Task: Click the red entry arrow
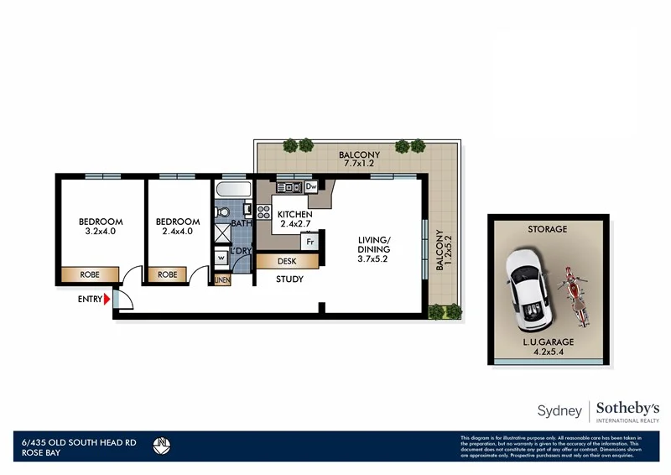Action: coord(107,298)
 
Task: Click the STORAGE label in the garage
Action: coord(547,229)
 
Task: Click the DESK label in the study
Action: coord(287,262)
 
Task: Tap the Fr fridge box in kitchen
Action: coord(309,243)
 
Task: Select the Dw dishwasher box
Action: coord(310,186)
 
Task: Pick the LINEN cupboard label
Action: coord(222,280)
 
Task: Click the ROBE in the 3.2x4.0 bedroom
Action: coord(90,274)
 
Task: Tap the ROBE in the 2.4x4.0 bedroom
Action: coord(168,274)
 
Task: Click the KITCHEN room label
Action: coord(294,215)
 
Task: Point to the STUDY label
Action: coord(289,279)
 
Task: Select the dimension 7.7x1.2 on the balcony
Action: coord(359,165)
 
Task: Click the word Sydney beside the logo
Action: coord(559,410)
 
